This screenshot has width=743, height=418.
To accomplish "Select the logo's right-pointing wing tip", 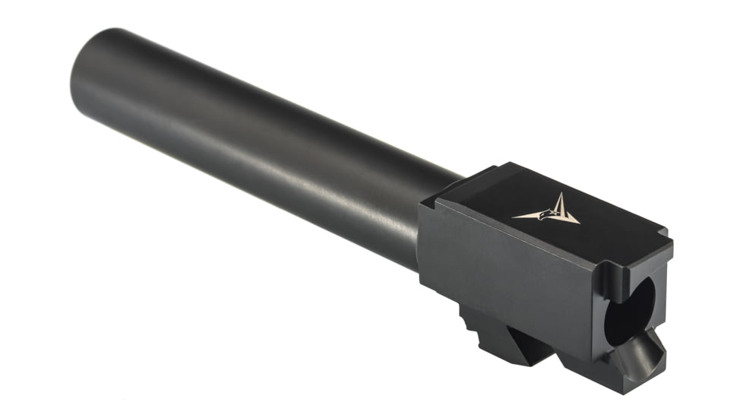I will [x=579, y=222].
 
